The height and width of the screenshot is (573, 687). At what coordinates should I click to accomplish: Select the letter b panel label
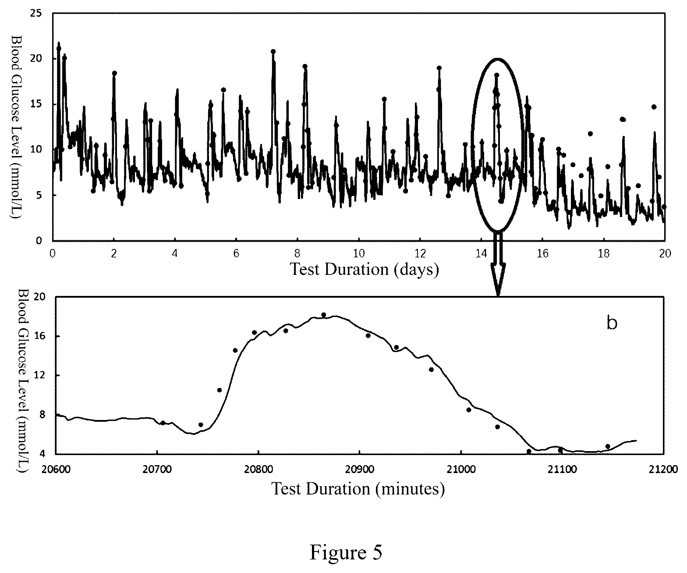pyautogui.click(x=612, y=323)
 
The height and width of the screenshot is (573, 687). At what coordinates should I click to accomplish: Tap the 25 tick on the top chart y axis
pyautogui.click(x=36, y=14)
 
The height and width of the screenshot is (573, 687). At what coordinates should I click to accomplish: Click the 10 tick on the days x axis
pyautogui.click(x=359, y=253)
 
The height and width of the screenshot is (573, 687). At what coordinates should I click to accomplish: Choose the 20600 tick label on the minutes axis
pyautogui.click(x=56, y=469)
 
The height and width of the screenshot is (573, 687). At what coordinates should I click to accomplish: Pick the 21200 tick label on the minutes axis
pyautogui.click(x=663, y=469)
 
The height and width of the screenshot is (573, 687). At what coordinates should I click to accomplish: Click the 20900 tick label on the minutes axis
pyautogui.click(x=360, y=469)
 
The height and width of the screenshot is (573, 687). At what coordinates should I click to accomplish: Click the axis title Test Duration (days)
pyautogui.click(x=364, y=269)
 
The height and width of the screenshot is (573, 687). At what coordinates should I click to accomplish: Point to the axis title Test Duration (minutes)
pyautogui.click(x=358, y=488)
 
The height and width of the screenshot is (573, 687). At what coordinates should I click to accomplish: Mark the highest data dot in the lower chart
pyautogui.click(x=323, y=315)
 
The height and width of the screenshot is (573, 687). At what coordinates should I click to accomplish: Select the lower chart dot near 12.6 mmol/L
pyautogui.click(x=431, y=370)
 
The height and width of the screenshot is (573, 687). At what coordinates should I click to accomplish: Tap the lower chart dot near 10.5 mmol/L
pyautogui.click(x=220, y=390)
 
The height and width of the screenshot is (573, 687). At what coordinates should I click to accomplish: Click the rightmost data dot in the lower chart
pyautogui.click(x=608, y=446)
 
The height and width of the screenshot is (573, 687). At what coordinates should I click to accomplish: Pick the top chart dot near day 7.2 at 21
pyautogui.click(x=273, y=51)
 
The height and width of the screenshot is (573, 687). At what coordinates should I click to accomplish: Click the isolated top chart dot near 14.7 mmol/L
pyautogui.click(x=654, y=107)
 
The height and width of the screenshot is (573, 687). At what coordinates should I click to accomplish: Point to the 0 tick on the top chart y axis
pyautogui.click(x=39, y=240)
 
